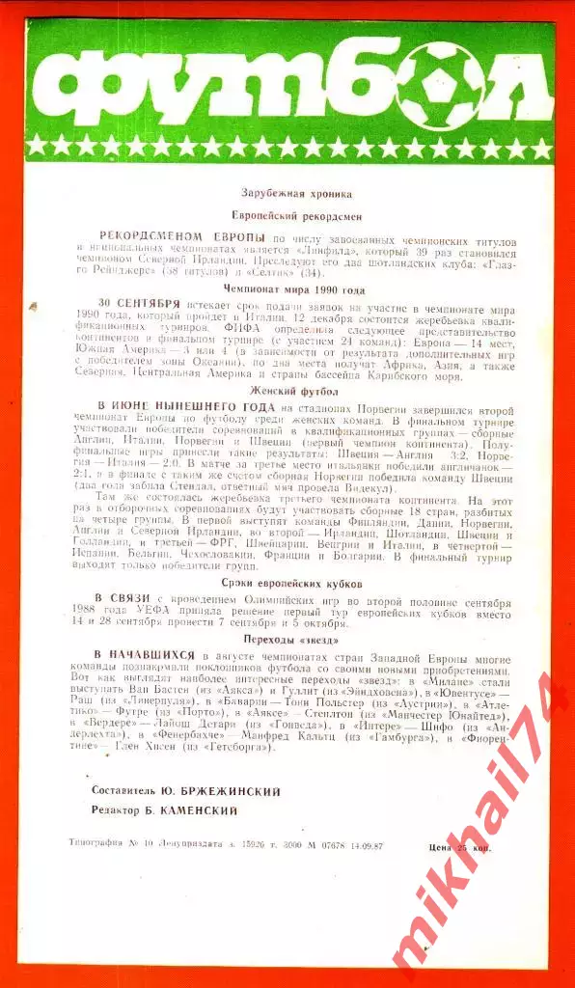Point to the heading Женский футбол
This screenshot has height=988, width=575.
[x=287, y=392]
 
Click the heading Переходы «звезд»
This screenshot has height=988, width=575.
[x=287, y=639]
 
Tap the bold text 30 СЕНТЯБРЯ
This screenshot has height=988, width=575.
[x=139, y=303]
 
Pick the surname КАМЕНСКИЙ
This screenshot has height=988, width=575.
[x=205, y=812]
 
